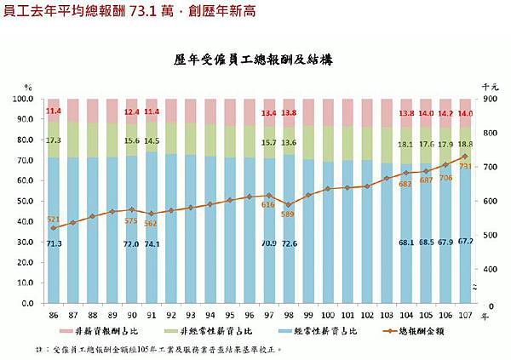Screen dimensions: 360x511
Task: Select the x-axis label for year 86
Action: tap(53, 314)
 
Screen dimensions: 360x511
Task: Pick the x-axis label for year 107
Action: tap(466, 314)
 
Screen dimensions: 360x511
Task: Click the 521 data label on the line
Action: tap(53, 219)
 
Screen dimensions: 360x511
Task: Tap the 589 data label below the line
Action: tap(288, 214)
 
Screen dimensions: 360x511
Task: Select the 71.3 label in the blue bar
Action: tap(53, 244)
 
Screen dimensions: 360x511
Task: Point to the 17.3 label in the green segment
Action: tap(53, 140)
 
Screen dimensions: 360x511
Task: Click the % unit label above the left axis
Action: tap(28, 88)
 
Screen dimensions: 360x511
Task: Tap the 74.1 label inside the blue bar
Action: tap(152, 243)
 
